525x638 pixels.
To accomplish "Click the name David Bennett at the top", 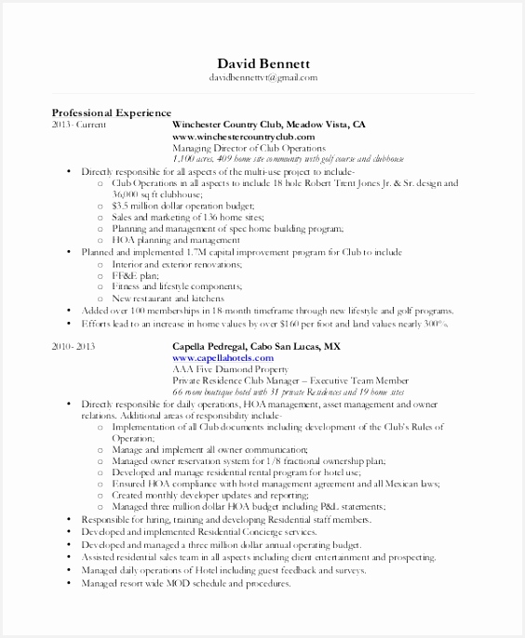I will (x=262, y=62).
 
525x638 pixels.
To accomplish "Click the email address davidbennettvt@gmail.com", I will (x=262, y=78).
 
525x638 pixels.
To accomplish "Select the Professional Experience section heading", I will (x=111, y=112).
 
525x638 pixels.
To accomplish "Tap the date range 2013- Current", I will (x=79, y=124).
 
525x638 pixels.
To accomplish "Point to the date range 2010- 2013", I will (x=75, y=345).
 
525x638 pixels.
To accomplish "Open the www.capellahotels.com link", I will (x=222, y=357).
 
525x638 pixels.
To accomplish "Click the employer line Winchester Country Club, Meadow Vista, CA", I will (x=268, y=124).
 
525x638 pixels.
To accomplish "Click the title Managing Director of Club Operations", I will (x=249, y=148).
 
